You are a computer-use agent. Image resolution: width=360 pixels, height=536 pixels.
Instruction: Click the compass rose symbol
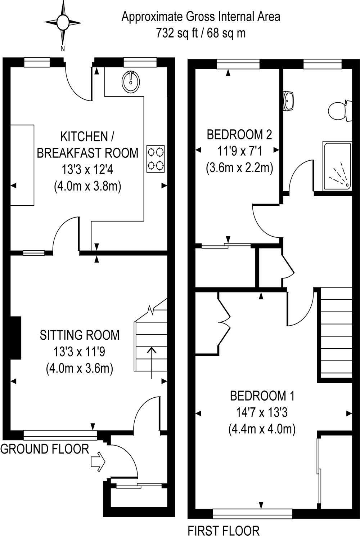[x=63, y=23]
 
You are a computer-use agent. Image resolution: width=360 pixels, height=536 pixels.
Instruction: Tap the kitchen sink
[x=131, y=81]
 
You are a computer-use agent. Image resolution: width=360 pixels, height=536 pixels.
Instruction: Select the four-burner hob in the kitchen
[x=156, y=158]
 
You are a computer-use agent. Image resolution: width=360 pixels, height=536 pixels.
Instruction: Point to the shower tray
[x=337, y=166]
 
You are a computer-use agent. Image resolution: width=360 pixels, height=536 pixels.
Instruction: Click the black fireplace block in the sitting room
[x=15, y=338]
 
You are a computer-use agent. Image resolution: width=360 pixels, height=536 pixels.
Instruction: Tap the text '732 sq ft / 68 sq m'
[x=201, y=33]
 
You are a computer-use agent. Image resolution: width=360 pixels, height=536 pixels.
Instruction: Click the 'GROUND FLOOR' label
[x=45, y=449]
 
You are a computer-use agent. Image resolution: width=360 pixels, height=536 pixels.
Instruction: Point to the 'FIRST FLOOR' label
[x=224, y=531]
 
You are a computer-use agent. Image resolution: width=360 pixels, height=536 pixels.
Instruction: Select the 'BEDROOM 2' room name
[x=239, y=135]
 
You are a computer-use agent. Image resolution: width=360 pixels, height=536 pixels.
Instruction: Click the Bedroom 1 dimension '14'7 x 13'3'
[x=262, y=412]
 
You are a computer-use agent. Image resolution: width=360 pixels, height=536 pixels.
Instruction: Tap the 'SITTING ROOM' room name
[x=80, y=335]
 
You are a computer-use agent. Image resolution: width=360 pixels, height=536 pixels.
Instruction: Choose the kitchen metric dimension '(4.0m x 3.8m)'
[x=87, y=186]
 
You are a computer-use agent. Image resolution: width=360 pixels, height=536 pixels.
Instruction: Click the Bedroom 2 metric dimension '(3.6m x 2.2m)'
[x=239, y=168]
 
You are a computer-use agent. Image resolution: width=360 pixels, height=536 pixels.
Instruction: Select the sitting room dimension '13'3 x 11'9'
[x=80, y=352]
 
